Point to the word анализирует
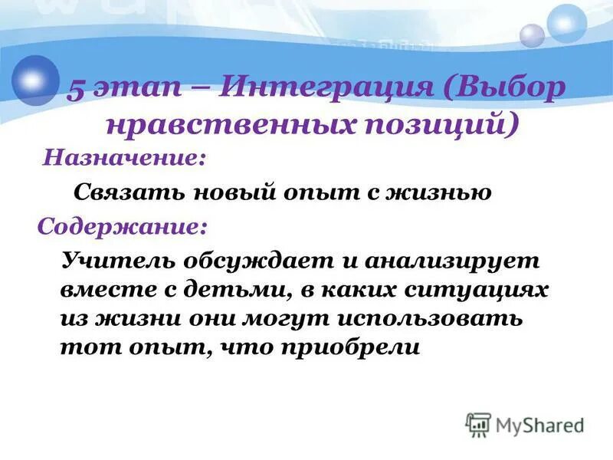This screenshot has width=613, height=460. coord(452,261)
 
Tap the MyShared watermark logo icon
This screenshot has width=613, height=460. coord(478,425)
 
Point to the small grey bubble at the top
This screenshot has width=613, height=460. coord(532,35)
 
